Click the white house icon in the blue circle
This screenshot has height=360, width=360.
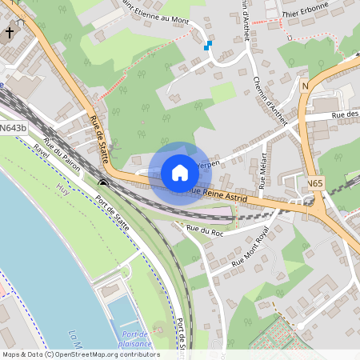pos(179,173)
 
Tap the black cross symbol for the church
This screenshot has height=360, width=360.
pos(9,34)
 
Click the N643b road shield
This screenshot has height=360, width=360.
pos(13,127)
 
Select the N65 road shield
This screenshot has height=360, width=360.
pos(314,184)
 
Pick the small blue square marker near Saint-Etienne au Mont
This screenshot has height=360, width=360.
pos(208,46)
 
